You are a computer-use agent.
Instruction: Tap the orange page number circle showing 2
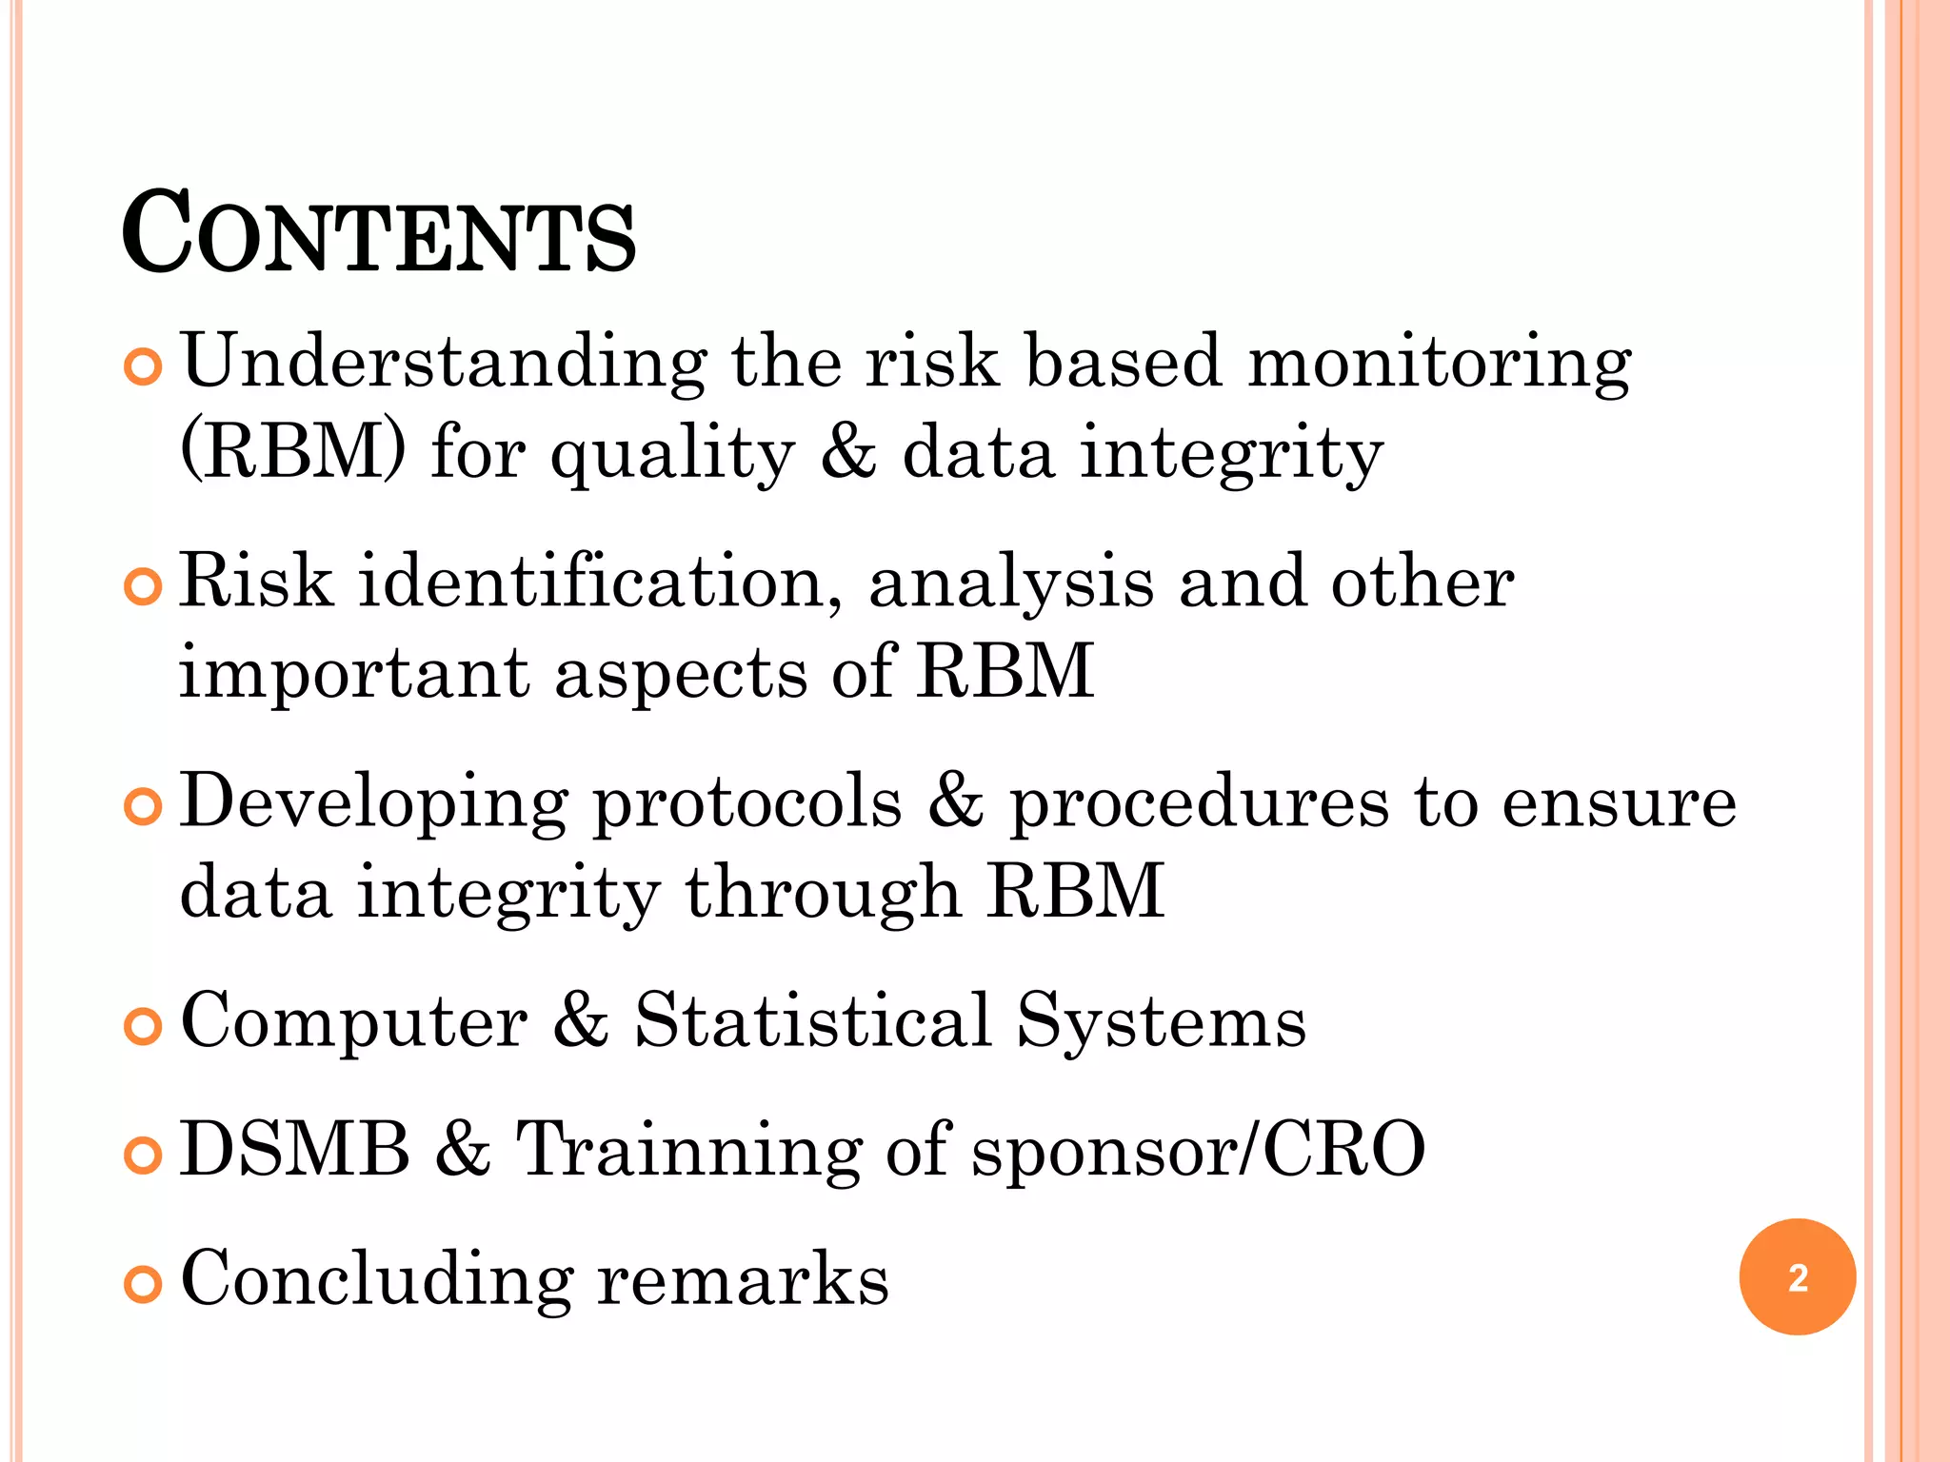[1797, 1276]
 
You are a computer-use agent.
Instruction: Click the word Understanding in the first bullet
[444, 364]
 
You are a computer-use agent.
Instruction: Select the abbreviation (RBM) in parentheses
[293, 451]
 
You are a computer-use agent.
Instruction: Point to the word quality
[672, 455]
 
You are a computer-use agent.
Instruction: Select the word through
[823, 893]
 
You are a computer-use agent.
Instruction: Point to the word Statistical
[813, 1020]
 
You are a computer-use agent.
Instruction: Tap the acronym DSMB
[295, 1149]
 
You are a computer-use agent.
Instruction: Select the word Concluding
[377, 1279]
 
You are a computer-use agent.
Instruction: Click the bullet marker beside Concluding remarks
[143, 1285]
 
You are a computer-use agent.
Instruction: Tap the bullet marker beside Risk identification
[143, 588]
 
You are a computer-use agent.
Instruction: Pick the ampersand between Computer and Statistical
[581, 1020]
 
